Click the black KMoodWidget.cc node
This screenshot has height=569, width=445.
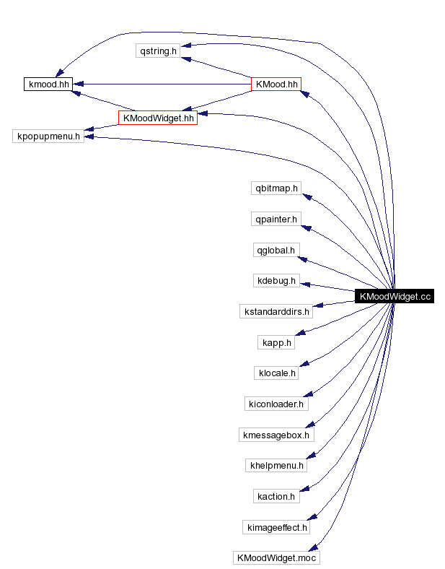pyautogui.click(x=394, y=297)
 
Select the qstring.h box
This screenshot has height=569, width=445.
pyautogui.click(x=158, y=51)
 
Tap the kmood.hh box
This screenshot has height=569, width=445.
pyautogui.click(x=48, y=84)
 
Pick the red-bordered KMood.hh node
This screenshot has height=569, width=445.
pyautogui.click(x=275, y=84)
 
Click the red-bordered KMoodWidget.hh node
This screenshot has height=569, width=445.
pyautogui.click(x=158, y=118)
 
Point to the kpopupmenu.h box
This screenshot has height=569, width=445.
pyautogui.click(x=48, y=136)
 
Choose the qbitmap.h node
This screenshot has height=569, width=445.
pyautogui.click(x=275, y=188)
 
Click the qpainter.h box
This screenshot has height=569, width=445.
pyautogui.click(x=275, y=220)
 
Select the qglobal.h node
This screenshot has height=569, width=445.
pyautogui.click(x=275, y=251)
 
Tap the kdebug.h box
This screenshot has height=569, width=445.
pyautogui.click(x=275, y=281)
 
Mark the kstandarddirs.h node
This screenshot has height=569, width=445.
pyautogui.click(x=276, y=312)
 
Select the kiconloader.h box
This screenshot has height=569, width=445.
pyautogui.click(x=276, y=404)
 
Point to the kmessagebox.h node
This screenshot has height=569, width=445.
pyautogui.click(x=276, y=435)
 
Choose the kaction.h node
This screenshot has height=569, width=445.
pyautogui.click(x=276, y=497)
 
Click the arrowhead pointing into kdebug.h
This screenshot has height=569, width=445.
pyautogui.click(x=306, y=282)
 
